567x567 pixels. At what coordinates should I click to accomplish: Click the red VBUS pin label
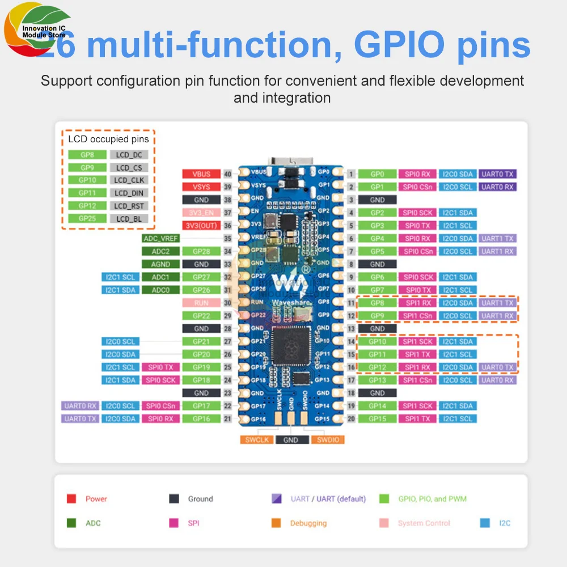pyautogui.click(x=201, y=174)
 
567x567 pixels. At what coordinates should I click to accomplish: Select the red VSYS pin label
pyautogui.click(x=201, y=187)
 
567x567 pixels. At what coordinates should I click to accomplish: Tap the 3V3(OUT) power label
pyautogui.click(x=201, y=226)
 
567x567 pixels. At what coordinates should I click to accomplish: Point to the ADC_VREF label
pyautogui.click(x=161, y=239)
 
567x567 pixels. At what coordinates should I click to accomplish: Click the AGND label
pyautogui.click(x=161, y=264)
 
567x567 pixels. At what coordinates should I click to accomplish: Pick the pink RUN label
pyautogui.click(x=201, y=303)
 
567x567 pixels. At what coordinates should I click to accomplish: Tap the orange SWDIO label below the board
pyautogui.click(x=327, y=440)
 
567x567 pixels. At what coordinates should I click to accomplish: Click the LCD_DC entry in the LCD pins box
pyautogui.click(x=129, y=155)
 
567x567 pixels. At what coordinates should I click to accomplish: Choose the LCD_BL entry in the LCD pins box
pyautogui.click(x=129, y=219)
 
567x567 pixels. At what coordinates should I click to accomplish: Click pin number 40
pyautogui.click(x=228, y=174)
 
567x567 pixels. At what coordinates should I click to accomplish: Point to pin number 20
pyautogui.click(x=351, y=419)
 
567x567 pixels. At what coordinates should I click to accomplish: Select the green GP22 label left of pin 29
pyautogui.click(x=201, y=316)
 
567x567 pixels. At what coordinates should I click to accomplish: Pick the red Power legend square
pyautogui.click(x=71, y=499)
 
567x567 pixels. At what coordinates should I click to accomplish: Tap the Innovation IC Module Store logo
pyautogui.click(x=37, y=31)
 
